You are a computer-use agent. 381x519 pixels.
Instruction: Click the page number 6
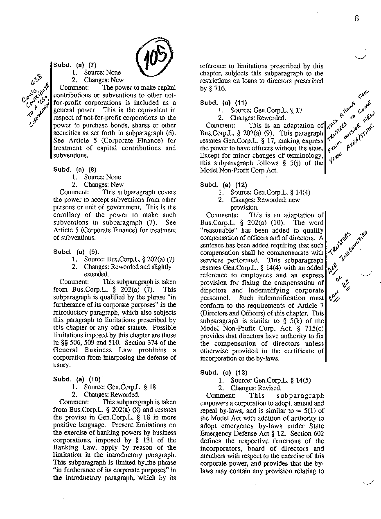coord(356,18)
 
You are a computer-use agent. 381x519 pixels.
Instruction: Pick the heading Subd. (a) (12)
coord(224,184)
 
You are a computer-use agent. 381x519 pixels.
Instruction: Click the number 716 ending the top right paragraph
coord(220,88)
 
